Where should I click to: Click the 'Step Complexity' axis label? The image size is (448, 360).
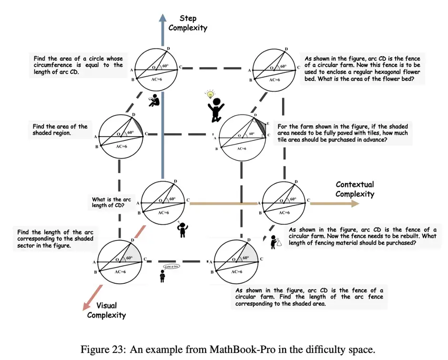click(188, 23)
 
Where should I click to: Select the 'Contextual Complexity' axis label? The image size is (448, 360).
click(355, 189)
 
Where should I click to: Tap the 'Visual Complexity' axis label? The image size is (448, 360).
click(106, 310)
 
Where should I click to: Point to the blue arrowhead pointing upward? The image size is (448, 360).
click(162, 18)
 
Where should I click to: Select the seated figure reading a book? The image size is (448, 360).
click(153, 100)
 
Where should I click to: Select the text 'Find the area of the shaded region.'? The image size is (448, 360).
click(60, 130)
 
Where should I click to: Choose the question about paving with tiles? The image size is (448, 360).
click(343, 133)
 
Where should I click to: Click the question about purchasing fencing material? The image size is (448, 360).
click(362, 236)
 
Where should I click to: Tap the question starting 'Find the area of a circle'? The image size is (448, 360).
click(78, 65)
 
